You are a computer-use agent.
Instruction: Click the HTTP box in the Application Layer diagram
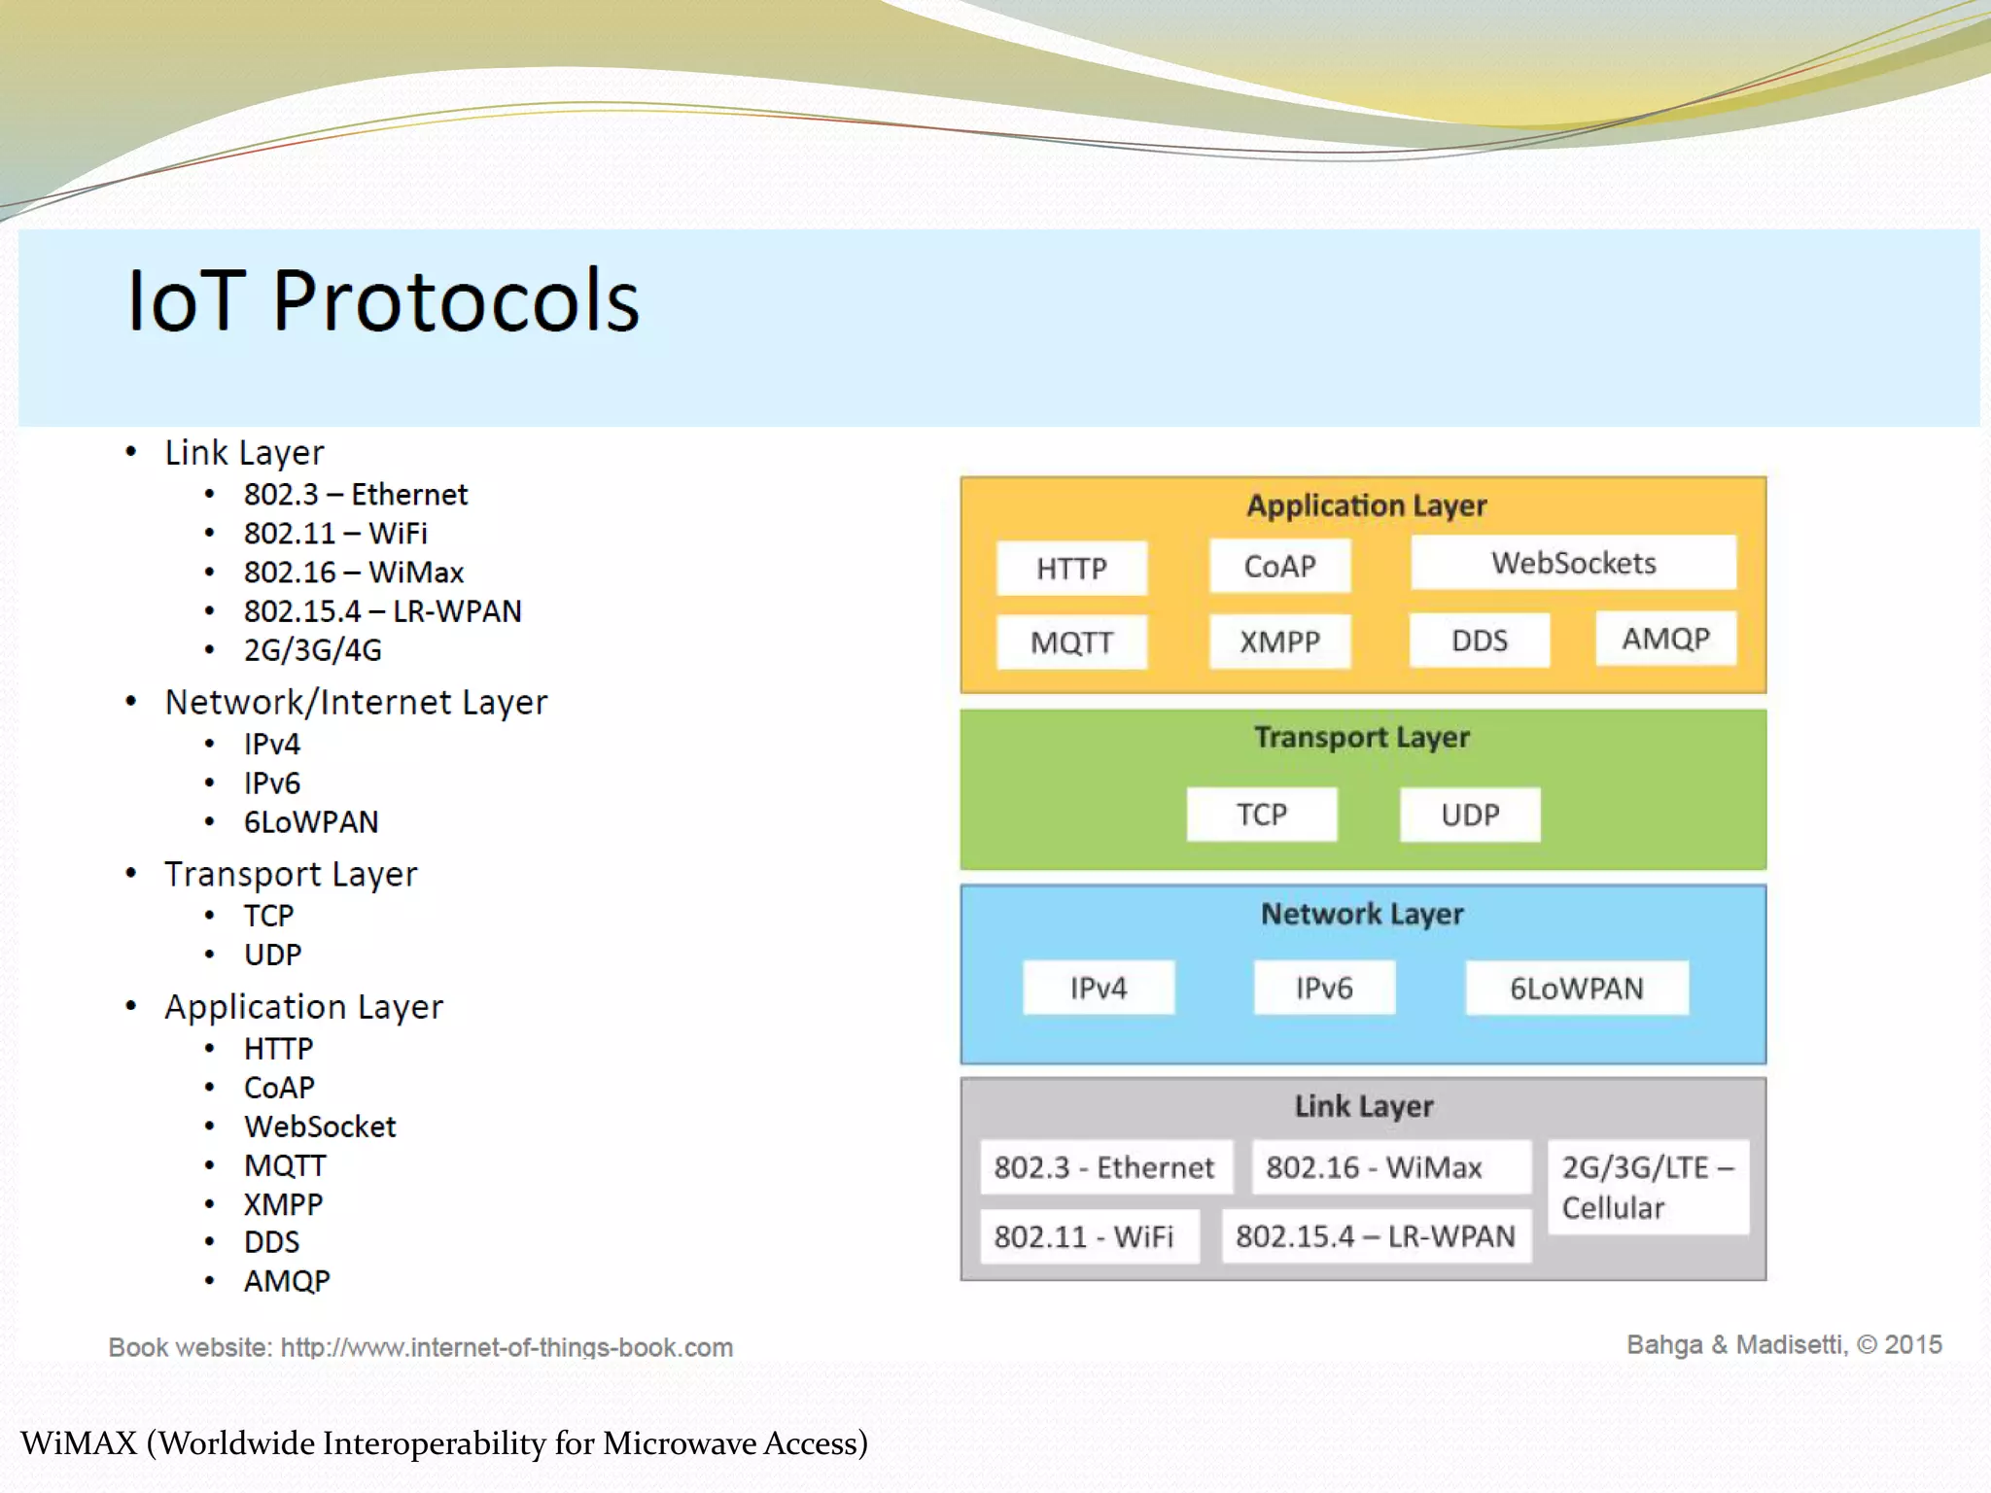click(1071, 568)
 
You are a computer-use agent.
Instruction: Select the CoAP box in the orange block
click(1279, 566)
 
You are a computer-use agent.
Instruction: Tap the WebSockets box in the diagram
click(1573, 563)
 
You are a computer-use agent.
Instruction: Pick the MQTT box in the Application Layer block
click(1071, 642)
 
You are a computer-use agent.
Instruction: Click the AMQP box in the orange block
click(1665, 639)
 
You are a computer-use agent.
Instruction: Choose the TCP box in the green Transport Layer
click(1261, 815)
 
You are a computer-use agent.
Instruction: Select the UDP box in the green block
click(1469, 815)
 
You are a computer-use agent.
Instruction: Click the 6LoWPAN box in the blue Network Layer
click(1576, 989)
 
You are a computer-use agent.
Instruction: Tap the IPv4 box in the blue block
click(1098, 989)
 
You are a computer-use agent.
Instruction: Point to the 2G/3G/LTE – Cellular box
click(1647, 1187)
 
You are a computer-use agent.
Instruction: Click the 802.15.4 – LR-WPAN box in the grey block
click(1375, 1236)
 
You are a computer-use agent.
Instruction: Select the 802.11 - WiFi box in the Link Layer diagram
click(1088, 1236)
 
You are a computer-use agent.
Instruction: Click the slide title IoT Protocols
click(383, 301)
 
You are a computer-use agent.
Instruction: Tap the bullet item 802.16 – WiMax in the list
click(353, 573)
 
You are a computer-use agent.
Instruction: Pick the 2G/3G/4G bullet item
click(312, 650)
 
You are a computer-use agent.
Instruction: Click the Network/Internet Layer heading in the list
click(356, 703)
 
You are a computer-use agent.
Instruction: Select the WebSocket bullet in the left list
click(320, 1127)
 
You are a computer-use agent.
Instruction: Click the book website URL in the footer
click(506, 1347)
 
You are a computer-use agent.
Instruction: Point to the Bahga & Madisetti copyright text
click(1783, 1345)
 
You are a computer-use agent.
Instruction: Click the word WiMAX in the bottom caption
click(80, 1443)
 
